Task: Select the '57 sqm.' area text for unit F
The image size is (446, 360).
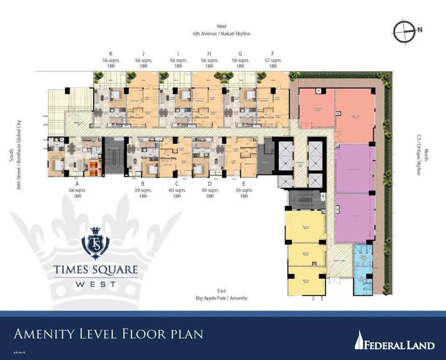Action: click(273, 61)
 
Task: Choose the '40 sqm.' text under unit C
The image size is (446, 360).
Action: click(177, 190)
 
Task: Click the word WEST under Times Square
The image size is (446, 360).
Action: click(95, 283)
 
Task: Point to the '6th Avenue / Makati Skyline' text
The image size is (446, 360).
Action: click(221, 34)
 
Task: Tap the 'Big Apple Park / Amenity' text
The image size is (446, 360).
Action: click(221, 298)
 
